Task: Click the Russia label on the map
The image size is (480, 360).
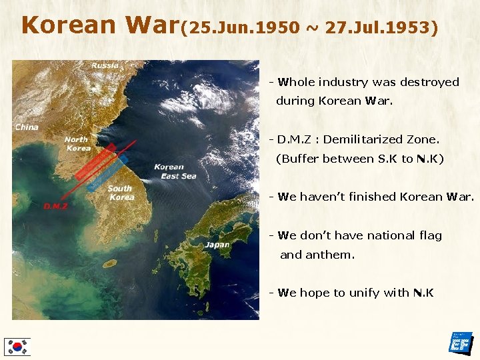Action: click(x=105, y=65)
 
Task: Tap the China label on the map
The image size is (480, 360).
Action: click(x=27, y=127)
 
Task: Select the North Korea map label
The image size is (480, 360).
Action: click(x=77, y=143)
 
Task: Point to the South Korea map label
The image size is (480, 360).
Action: click(x=121, y=193)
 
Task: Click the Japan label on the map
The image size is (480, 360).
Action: click(x=217, y=245)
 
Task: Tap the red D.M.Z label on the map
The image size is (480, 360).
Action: click(x=56, y=206)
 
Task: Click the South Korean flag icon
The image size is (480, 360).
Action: click(x=17, y=346)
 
